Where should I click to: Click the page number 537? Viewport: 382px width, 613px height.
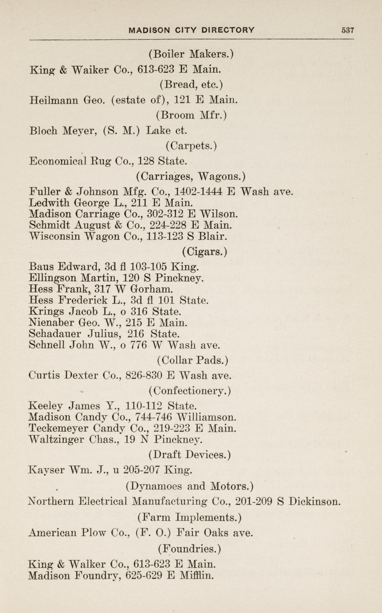click(348, 30)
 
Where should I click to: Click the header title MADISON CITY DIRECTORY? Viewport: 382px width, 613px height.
click(191, 30)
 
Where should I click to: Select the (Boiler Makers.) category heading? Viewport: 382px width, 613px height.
click(191, 54)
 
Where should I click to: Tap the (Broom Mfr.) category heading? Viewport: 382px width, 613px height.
click(191, 115)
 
